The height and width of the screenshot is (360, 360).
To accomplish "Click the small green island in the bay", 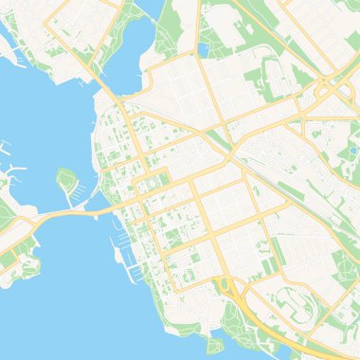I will coord(66,179).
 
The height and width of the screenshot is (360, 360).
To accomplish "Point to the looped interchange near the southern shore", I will coord(227,285).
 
